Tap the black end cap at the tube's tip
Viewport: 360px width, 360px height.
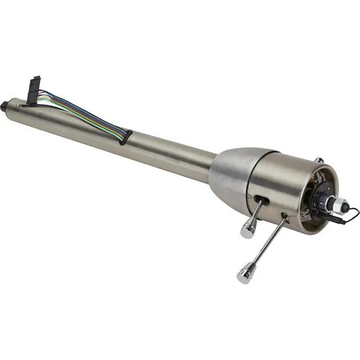click(5, 105)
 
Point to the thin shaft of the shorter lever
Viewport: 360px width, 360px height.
click(255, 212)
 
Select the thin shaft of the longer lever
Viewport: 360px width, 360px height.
click(268, 242)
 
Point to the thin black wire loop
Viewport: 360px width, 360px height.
click(351, 213)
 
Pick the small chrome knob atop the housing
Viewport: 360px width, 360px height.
click(318, 160)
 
